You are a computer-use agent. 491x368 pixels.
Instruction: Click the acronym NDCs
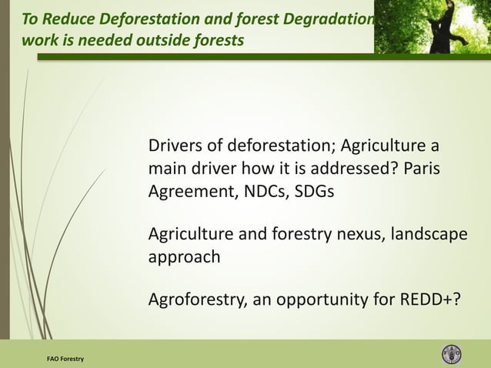pyautogui.click(x=260, y=191)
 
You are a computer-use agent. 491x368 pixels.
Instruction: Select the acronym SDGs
pyautogui.click(x=314, y=191)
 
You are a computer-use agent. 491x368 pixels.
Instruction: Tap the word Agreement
pyautogui.click(x=189, y=191)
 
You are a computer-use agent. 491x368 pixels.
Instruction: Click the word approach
pyautogui.click(x=184, y=257)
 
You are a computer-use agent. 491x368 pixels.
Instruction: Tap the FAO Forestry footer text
pyautogui.click(x=65, y=359)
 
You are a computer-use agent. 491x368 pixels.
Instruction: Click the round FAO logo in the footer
pyautogui.click(x=452, y=354)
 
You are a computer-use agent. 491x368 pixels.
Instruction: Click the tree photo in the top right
pyautogui.click(x=432, y=26)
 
